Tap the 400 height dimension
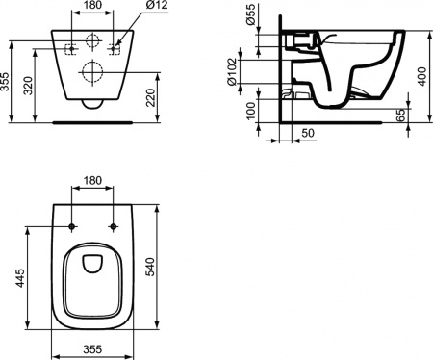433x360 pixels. pyautogui.click(x=420, y=74)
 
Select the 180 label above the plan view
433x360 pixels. pyautogui.click(x=94, y=180)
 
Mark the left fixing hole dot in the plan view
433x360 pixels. pyautogui.click(x=74, y=226)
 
